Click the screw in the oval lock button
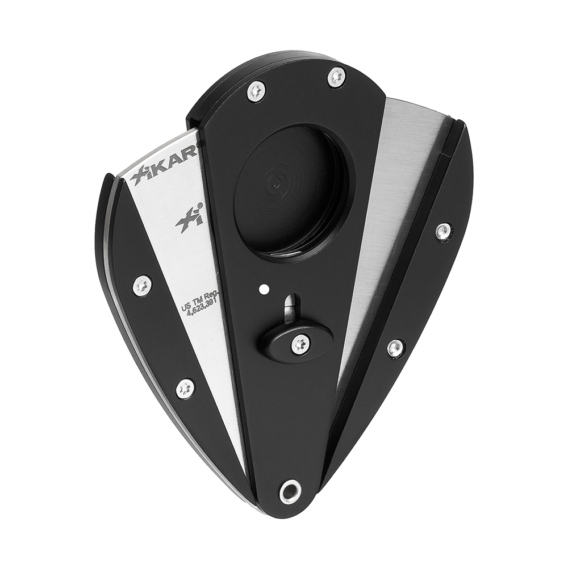click(x=300, y=343)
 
